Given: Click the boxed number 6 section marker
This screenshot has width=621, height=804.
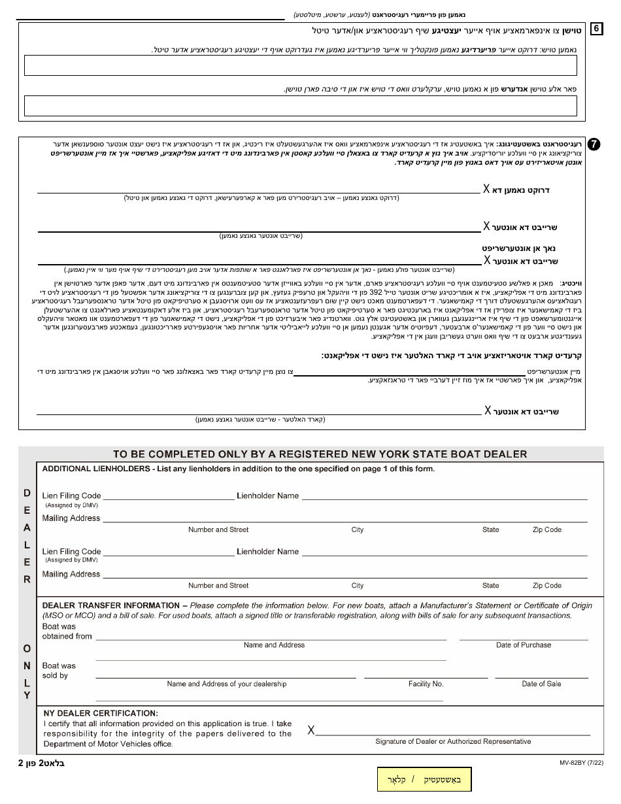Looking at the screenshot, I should pos(597,29).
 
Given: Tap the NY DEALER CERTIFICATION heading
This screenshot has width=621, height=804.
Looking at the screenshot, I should pos(100,713).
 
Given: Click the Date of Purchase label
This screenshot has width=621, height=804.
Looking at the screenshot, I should pos(523,645).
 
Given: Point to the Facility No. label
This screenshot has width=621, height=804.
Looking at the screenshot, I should pos(426,684).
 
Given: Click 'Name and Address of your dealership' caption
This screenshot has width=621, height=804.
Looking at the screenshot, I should pos(226,684).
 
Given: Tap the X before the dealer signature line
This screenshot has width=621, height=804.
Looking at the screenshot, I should pos(311,730).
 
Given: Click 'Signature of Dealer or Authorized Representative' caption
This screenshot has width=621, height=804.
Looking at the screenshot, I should pos(453,741).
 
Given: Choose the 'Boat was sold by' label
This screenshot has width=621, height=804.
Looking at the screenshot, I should pos(59,671).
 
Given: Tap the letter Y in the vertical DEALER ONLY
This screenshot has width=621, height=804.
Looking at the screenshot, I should pos(27,695).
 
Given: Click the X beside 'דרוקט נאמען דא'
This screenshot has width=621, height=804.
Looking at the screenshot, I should pos(486,189).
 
